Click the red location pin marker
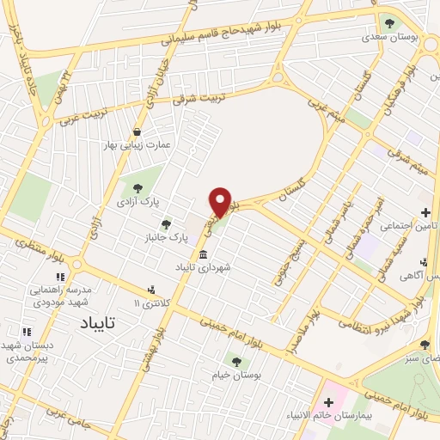pos(221,202)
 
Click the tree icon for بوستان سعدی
pos(389,23)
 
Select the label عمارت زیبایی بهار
pos(137,145)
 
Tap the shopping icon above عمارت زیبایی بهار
pos(137,131)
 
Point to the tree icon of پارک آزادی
pos(137,187)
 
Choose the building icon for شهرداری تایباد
pos(203,255)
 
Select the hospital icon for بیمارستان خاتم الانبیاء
pos(328,402)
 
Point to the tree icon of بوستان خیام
pos(236,362)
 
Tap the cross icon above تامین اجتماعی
pos(425,212)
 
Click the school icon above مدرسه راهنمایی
pos(60,278)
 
